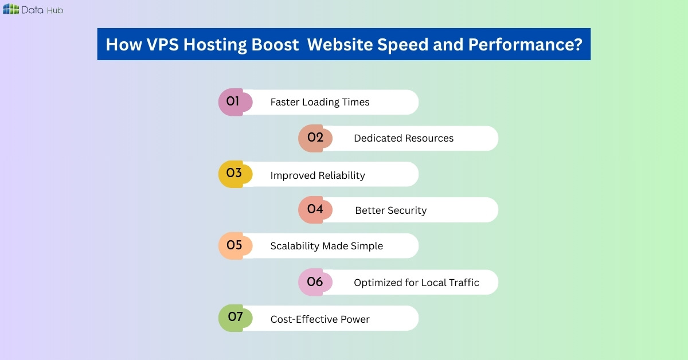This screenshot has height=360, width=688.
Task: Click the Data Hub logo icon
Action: [x=11, y=9]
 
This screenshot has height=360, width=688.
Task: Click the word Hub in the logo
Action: [x=56, y=10]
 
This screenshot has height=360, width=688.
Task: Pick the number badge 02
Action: [x=315, y=138]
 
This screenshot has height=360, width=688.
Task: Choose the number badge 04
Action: [x=315, y=210]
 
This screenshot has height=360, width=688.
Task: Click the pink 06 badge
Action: [x=315, y=282]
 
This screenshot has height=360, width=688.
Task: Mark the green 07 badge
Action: [x=235, y=318]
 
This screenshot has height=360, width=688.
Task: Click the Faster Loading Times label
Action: [x=320, y=103]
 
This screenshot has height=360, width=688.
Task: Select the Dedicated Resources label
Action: [x=404, y=138]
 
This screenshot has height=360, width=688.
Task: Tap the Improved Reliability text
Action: [x=318, y=175]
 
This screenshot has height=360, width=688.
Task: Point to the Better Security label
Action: [x=390, y=211]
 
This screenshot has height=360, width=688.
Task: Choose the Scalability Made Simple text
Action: [x=326, y=246]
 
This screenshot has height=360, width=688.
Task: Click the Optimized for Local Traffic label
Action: [x=416, y=283]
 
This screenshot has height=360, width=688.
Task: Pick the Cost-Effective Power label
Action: [x=320, y=319]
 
